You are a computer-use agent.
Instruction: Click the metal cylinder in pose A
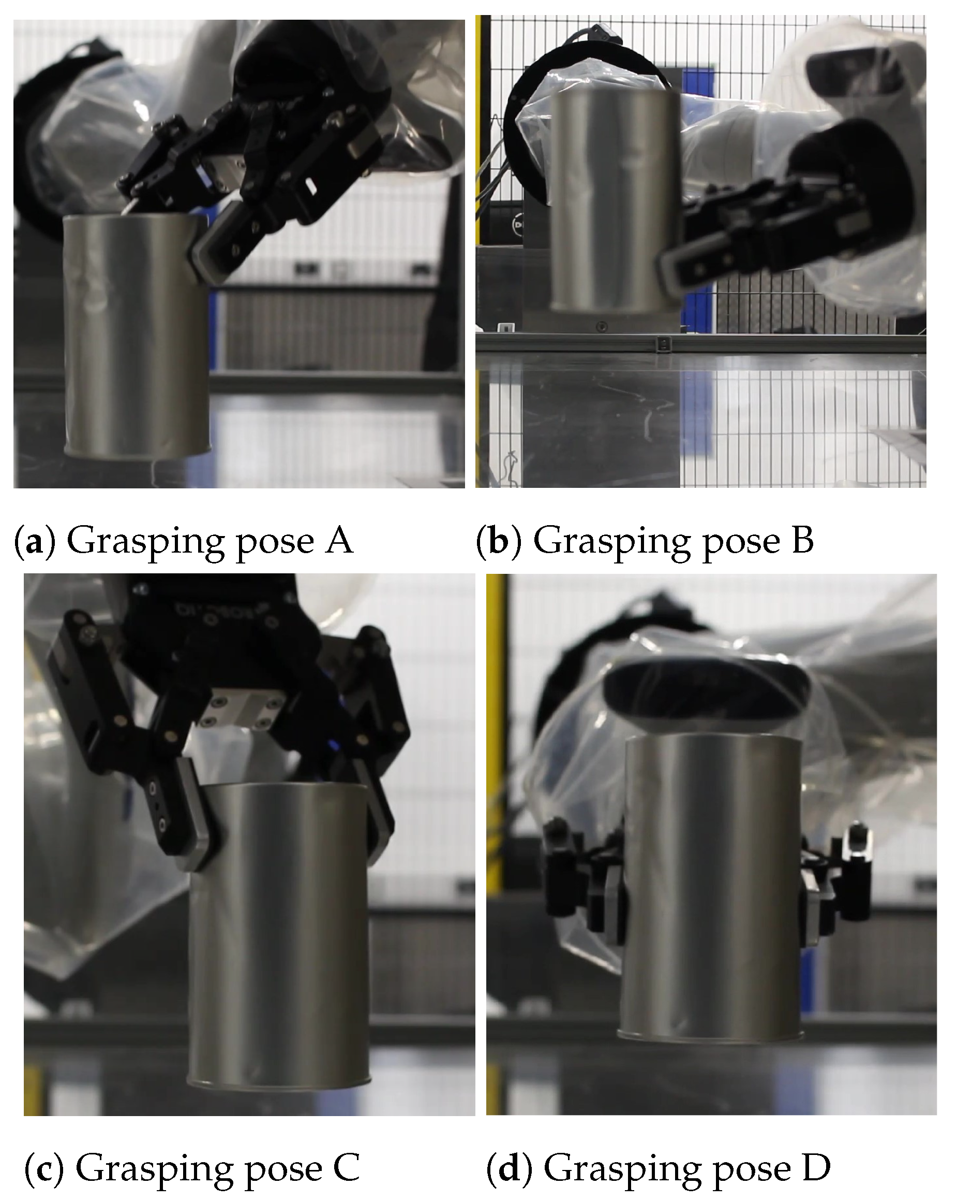coord(136,337)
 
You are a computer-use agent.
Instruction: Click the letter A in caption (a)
coord(339,541)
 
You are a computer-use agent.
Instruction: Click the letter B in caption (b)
coord(803,541)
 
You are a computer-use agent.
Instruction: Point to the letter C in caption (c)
coord(347,1167)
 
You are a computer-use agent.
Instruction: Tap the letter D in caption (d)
coord(816,1167)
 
